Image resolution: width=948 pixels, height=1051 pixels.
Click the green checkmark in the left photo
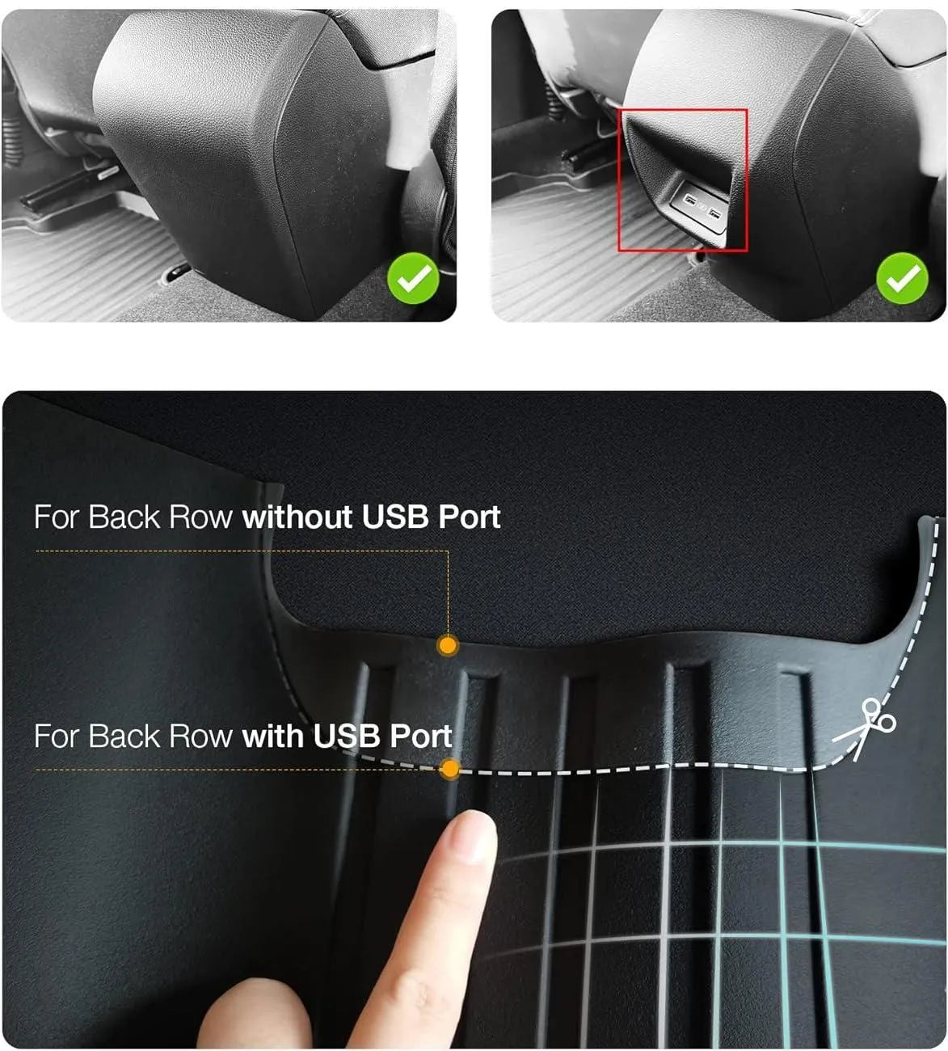pos(413,280)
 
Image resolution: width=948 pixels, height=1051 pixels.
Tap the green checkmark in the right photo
pos(902,279)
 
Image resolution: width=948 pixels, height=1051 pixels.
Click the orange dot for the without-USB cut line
pos(448,645)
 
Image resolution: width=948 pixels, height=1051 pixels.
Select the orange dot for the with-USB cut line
pos(450,769)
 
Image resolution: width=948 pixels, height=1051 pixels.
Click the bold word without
pos(297,517)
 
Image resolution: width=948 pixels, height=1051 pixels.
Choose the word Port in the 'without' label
pos(469,518)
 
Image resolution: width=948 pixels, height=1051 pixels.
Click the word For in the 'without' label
pos(56,517)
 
